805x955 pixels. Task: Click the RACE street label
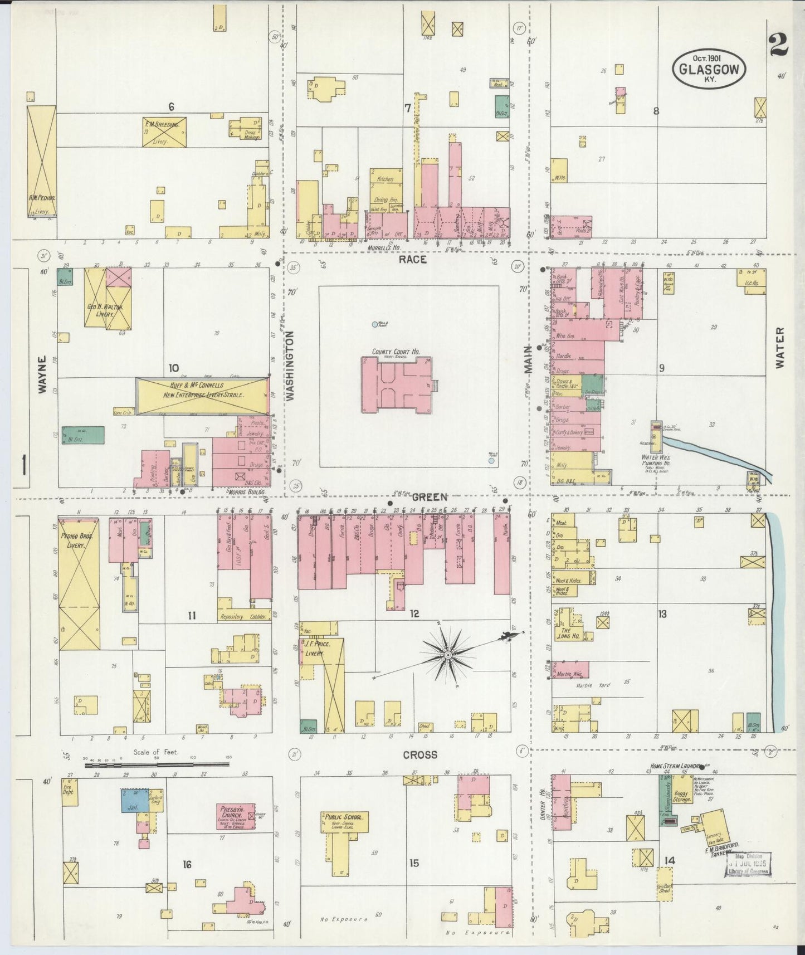tap(413, 259)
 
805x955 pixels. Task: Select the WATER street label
tap(779, 347)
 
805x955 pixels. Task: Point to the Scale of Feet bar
tap(158, 765)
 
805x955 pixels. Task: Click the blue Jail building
tap(134, 800)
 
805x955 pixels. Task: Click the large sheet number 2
tap(778, 46)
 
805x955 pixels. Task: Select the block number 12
tap(414, 614)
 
